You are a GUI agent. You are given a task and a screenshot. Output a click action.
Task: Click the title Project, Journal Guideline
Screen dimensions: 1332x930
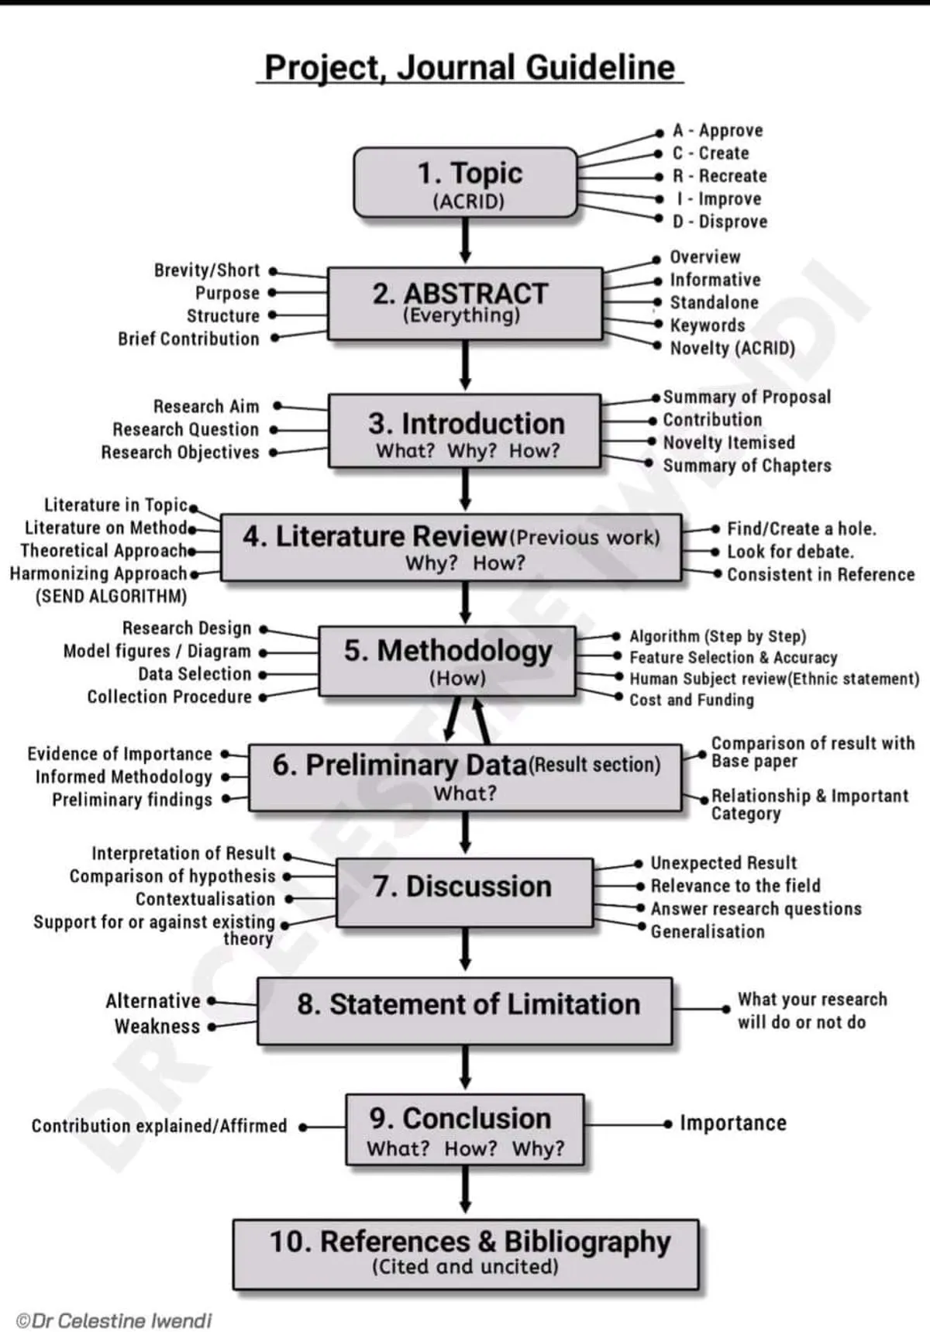point(470,67)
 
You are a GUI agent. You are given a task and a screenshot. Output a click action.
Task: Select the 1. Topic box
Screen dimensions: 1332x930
point(466,183)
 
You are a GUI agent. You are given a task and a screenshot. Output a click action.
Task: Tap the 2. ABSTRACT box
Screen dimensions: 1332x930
point(464,303)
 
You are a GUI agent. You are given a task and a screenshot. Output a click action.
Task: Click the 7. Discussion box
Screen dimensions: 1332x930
point(464,891)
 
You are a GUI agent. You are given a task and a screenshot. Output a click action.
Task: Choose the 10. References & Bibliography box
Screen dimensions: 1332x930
point(466,1253)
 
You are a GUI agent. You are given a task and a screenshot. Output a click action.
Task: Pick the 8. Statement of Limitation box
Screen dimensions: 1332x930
point(465,1010)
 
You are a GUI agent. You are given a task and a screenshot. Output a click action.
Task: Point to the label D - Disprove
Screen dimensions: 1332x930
point(720,222)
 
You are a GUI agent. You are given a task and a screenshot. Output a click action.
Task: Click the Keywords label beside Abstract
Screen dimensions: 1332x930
point(708,325)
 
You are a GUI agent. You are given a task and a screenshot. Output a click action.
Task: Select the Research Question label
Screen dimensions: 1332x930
point(186,429)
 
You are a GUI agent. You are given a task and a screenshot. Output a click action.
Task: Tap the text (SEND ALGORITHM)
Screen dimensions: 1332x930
point(112,597)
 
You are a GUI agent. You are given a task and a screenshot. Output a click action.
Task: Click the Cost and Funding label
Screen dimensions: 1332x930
point(691,700)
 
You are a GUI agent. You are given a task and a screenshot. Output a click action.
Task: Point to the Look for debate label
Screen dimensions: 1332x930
point(790,552)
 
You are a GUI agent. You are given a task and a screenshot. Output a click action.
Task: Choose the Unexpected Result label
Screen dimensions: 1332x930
point(723,863)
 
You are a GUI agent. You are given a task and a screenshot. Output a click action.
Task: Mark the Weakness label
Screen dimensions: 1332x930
point(157,1027)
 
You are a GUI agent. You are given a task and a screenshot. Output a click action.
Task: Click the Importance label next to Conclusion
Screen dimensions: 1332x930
point(732,1124)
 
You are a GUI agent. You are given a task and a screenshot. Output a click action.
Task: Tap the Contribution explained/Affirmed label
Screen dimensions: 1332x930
point(159,1126)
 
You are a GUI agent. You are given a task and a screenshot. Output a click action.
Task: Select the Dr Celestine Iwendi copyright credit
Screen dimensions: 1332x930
point(114,1320)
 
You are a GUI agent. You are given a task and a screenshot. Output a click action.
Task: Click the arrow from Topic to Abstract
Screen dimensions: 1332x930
point(465,241)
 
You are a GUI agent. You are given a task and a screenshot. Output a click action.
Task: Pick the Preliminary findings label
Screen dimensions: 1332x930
point(132,800)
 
